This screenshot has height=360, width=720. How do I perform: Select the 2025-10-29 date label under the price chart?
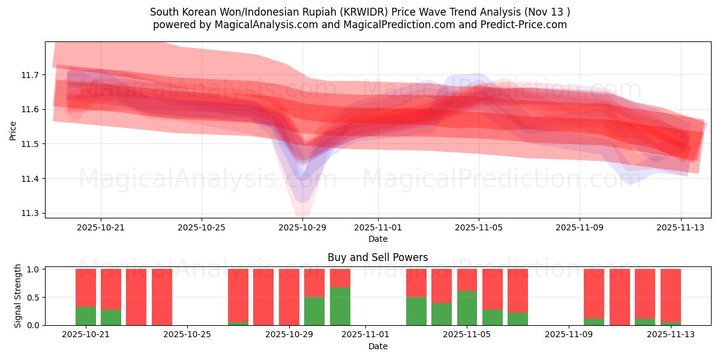pyautogui.click(x=302, y=227)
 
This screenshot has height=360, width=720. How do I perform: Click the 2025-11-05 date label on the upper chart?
pyautogui.click(x=478, y=227)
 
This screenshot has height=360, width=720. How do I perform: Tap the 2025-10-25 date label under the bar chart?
pyautogui.click(x=188, y=335)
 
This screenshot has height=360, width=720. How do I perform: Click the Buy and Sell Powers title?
pyautogui.click(x=377, y=257)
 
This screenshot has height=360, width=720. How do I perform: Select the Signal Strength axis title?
pyautogui.click(x=18, y=296)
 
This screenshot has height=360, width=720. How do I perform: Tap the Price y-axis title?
pyautogui.click(x=13, y=130)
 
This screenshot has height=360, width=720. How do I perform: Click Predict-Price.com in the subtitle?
pyautogui.click(x=525, y=25)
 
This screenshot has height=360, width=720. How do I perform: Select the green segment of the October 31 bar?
pyautogui.click(x=340, y=306)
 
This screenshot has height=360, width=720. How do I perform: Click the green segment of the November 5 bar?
pyautogui.click(x=467, y=308)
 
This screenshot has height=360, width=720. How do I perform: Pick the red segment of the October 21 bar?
pyautogui.click(x=86, y=287)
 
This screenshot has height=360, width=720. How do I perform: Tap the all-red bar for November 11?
pyautogui.click(x=620, y=297)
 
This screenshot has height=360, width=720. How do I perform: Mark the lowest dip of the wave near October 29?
pyautogui.click(x=302, y=213)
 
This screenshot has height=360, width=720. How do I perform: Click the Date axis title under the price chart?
pyautogui.click(x=377, y=239)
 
